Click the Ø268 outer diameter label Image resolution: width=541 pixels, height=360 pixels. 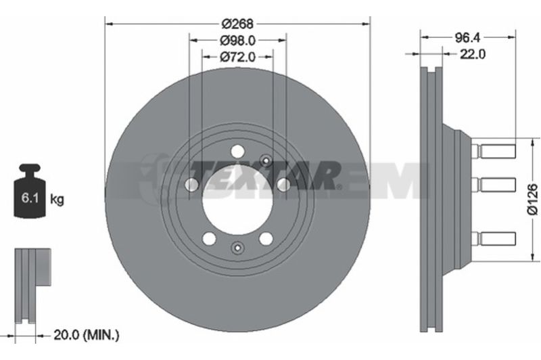point(237,24)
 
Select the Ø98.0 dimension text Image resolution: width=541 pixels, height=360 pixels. point(238,41)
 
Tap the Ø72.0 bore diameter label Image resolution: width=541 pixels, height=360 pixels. point(238,57)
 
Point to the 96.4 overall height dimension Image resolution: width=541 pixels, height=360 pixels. point(467,37)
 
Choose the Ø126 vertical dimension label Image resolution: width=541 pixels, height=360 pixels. point(533,199)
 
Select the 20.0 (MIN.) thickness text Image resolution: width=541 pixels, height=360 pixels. point(87,335)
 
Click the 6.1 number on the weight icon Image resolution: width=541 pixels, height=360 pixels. point(30,198)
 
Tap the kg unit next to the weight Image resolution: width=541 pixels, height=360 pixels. point(57,199)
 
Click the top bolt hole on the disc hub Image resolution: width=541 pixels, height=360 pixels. point(237,151)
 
